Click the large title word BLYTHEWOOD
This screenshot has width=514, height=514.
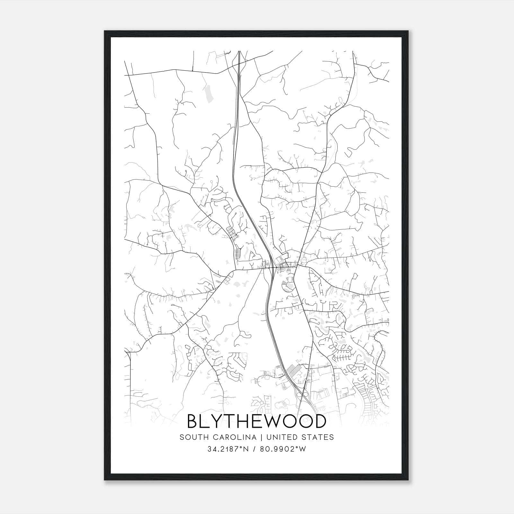coord(256,421)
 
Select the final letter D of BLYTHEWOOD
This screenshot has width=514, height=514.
coord(320,421)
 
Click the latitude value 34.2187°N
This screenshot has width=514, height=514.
coord(228,449)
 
